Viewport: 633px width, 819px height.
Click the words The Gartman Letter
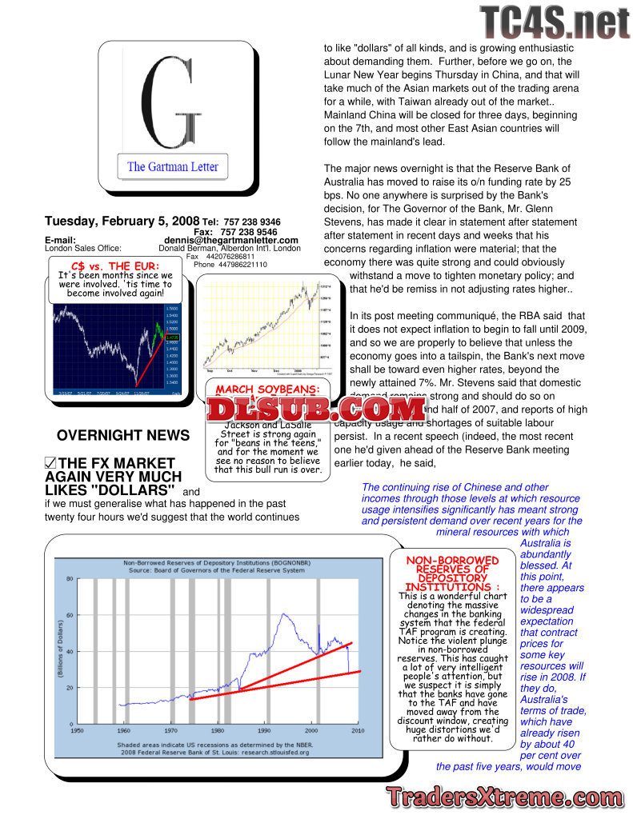[x=172, y=167]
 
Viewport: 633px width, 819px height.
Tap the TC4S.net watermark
[x=555, y=22]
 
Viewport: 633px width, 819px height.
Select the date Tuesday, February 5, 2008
[x=122, y=221]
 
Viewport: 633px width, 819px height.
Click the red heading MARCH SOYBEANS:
[x=268, y=389]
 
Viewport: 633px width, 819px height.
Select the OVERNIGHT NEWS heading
[x=123, y=436]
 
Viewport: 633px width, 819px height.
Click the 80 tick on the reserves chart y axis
[x=69, y=578]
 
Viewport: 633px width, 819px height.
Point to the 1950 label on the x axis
[x=77, y=730]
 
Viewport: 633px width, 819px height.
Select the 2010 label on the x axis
[x=357, y=730]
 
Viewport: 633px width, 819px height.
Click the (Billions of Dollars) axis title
[x=60, y=651]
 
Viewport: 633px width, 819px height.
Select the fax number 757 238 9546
[x=249, y=231]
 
